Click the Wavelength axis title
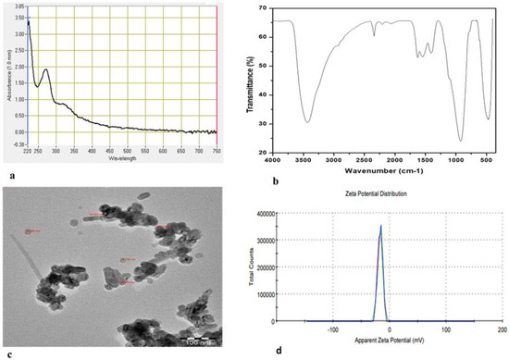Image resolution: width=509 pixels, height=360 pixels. [120, 157]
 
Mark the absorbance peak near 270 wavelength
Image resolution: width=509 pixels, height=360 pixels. [46, 70]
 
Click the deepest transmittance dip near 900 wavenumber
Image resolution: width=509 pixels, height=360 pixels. [459, 141]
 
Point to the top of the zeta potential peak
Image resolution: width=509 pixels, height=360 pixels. [379, 224]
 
